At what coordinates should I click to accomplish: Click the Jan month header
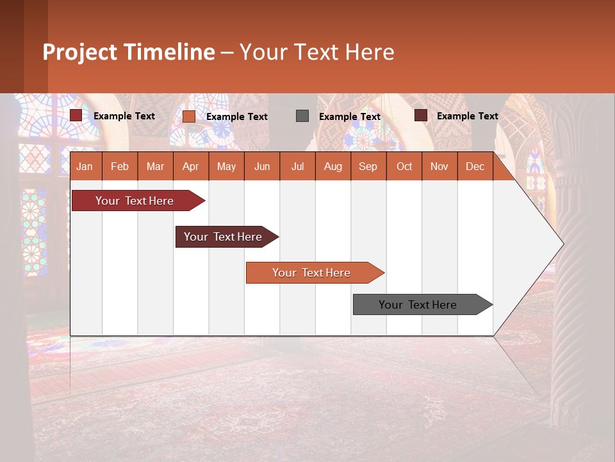pyautogui.click(x=85, y=166)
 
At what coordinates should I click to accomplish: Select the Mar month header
pyautogui.click(x=155, y=166)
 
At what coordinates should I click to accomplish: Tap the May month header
pyautogui.click(x=226, y=166)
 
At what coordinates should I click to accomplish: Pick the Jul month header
pyautogui.click(x=297, y=166)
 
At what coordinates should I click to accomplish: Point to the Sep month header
pyautogui.click(x=368, y=166)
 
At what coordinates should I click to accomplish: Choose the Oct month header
pyautogui.click(x=404, y=166)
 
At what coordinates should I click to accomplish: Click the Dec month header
pyautogui.click(x=475, y=166)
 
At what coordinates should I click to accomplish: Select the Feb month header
pyautogui.click(x=120, y=166)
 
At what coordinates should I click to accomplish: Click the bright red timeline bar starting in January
pyautogui.click(x=135, y=201)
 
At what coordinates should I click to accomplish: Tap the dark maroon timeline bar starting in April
pyautogui.click(x=223, y=237)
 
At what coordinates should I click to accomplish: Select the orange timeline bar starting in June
pyautogui.click(x=311, y=273)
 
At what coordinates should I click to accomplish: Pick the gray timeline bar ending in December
pyautogui.click(x=418, y=305)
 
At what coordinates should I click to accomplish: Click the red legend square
pyautogui.click(x=76, y=116)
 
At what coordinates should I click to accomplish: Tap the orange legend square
pyautogui.click(x=189, y=116)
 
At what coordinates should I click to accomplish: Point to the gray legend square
pyautogui.click(x=302, y=116)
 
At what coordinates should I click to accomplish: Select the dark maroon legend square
pyautogui.click(x=421, y=116)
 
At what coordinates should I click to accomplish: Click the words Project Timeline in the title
pyautogui.click(x=128, y=52)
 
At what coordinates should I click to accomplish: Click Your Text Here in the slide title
pyautogui.click(x=316, y=52)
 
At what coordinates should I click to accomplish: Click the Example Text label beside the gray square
pyautogui.click(x=350, y=117)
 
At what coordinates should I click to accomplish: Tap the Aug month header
pyautogui.click(x=332, y=166)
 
